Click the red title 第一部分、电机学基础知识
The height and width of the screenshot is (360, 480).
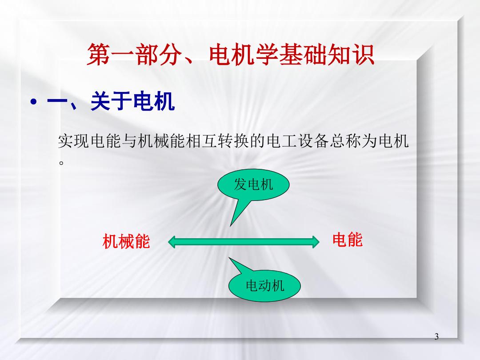point(231,55)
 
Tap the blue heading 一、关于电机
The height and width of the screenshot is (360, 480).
point(111,101)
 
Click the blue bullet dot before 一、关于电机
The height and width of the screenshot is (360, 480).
point(34,102)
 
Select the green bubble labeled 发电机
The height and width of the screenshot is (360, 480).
point(253,185)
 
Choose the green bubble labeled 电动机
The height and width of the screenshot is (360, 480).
point(264,286)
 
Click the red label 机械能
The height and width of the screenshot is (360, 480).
point(126,241)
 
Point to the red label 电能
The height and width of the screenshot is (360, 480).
point(348,240)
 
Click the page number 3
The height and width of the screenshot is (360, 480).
point(436,336)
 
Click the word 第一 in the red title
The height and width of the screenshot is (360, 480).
point(111,55)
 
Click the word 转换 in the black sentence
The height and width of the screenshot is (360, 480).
point(234,141)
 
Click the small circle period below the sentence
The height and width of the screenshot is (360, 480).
point(61,163)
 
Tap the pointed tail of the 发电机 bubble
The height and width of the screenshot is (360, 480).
point(231,226)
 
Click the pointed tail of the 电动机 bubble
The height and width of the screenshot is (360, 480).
point(229,258)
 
